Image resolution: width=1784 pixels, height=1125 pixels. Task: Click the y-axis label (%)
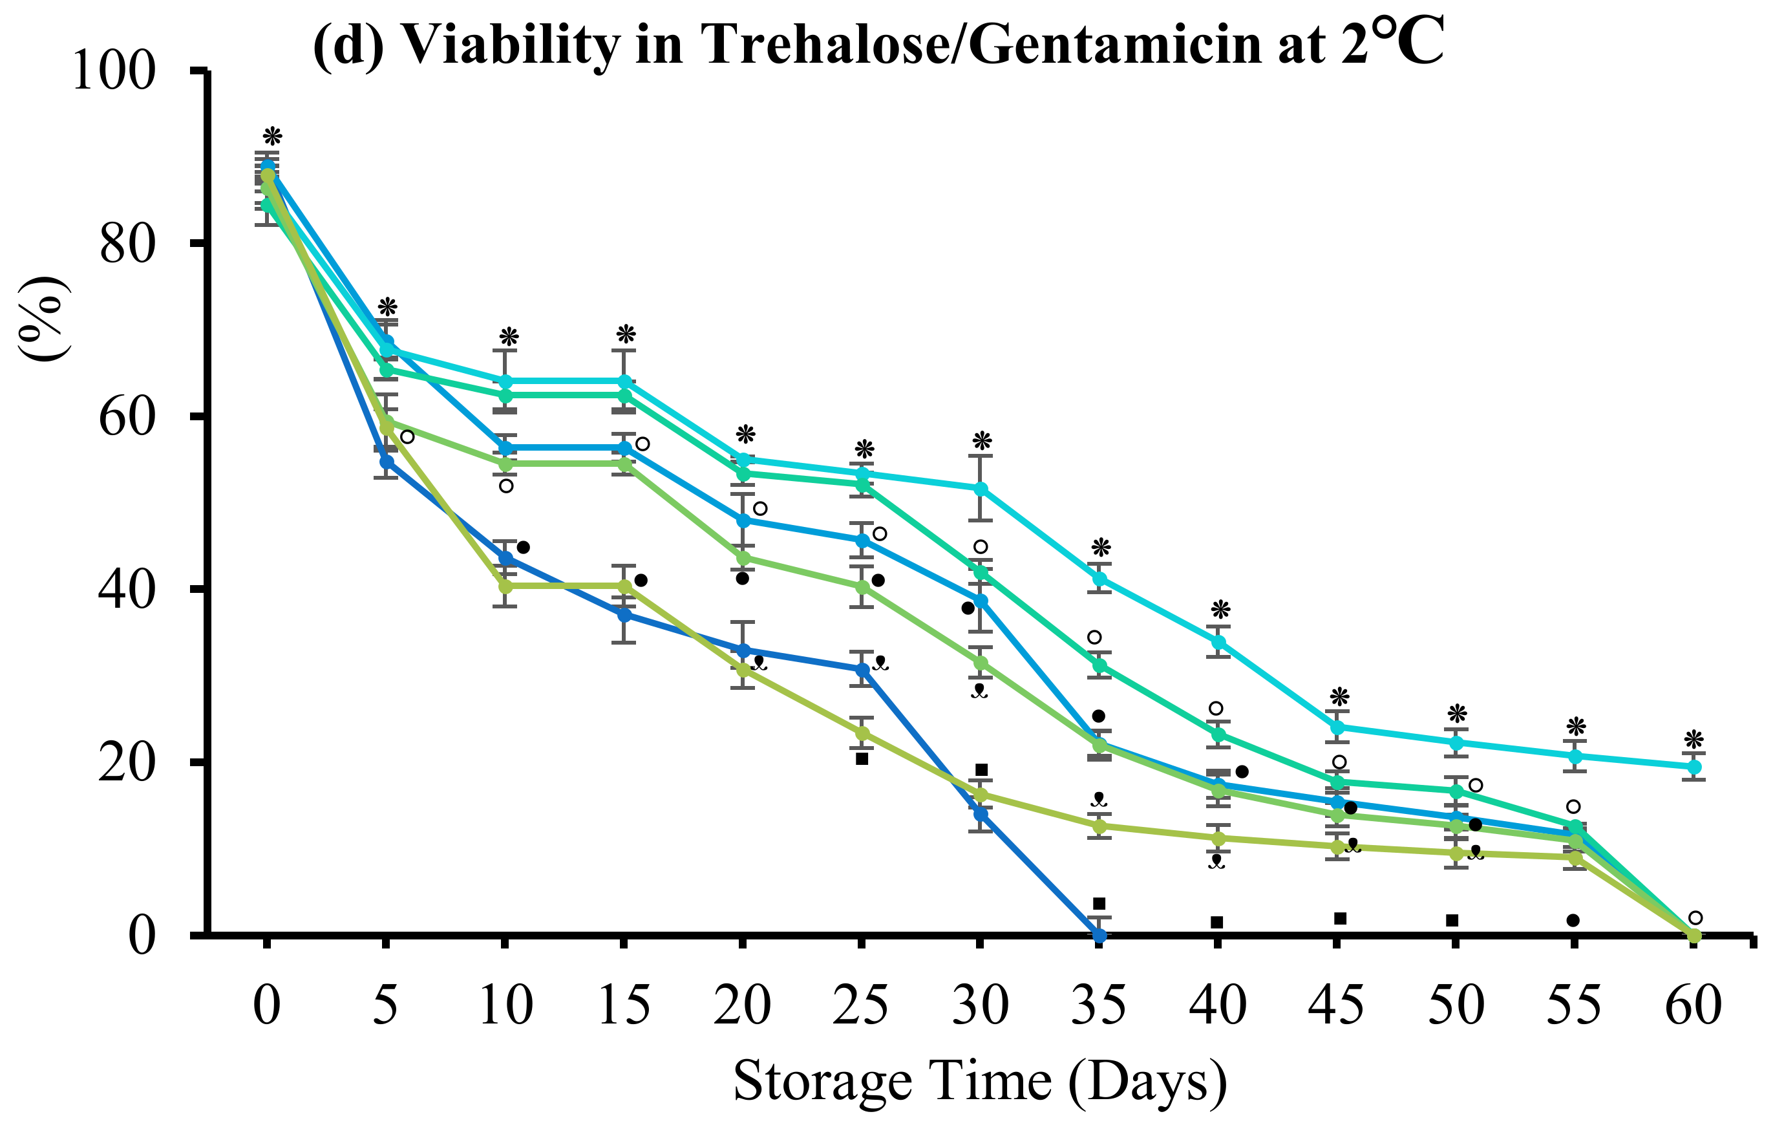click(x=42, y=319)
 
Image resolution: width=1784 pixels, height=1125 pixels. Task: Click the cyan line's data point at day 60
click(x=1694, y=767)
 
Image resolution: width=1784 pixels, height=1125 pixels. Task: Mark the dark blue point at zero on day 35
click(x=1099, y=936)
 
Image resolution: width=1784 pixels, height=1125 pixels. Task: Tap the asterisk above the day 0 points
click(x=273, y=137)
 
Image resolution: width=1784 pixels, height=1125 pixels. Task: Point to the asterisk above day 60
click(x=1694, y=740)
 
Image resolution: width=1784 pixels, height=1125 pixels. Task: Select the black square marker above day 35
click(x=1099, y=903)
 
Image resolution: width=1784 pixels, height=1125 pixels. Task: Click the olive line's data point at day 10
click(x=505, y=586)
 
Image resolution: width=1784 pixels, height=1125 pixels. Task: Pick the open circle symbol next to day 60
click(x=1695, y=918)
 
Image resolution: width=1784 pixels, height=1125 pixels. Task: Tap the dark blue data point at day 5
click(x=386, y=461)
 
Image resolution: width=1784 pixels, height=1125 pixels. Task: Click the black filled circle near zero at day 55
click(x=1573, y=921)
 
